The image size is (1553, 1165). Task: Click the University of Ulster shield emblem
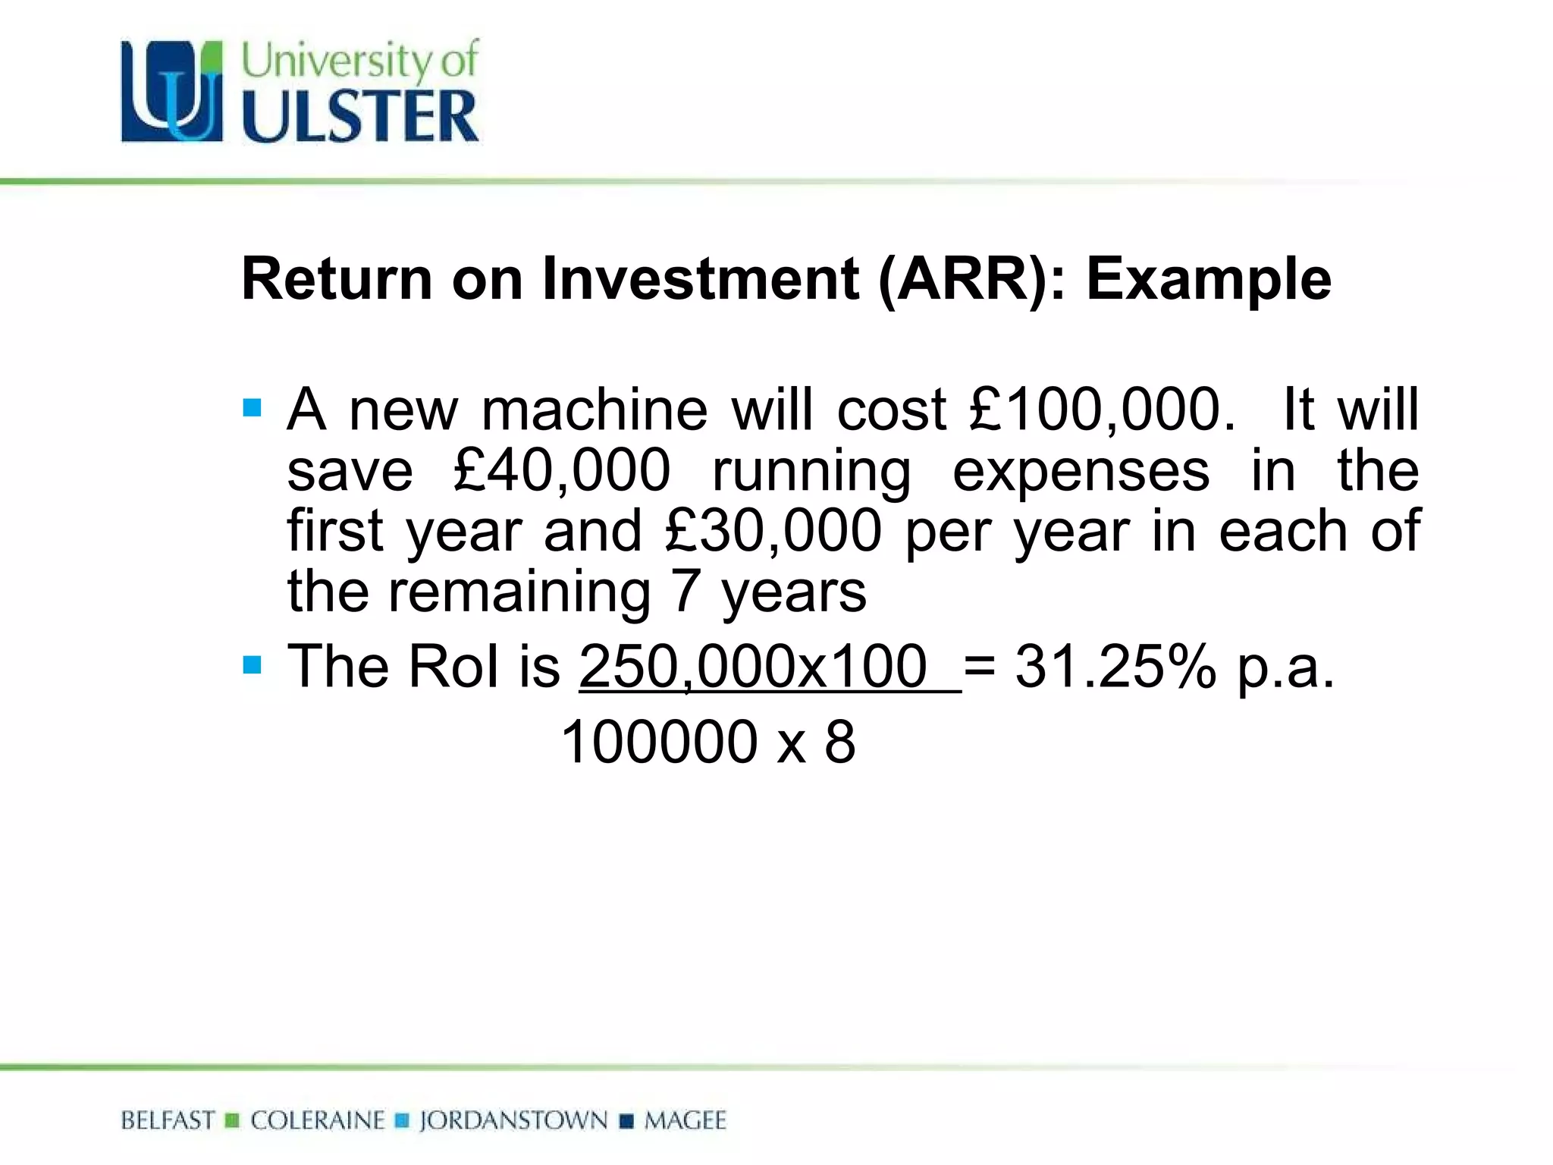(172, 92)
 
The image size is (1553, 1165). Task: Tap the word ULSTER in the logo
(360, 116)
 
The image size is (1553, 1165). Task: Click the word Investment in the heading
(701, 279)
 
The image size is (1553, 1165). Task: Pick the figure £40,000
(562, 471)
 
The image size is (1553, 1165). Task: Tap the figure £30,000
(773, 531)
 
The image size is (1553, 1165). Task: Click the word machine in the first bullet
(595, 410)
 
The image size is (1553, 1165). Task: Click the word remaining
(519, 592)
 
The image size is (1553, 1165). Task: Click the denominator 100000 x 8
(708, 742)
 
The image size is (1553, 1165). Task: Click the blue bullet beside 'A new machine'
(252, 409)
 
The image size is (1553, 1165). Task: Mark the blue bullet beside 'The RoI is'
(252, 666)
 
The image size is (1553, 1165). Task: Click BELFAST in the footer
(168, 1120)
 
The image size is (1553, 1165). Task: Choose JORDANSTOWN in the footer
(513, 1120)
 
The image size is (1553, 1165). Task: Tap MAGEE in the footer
(685, 1120)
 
